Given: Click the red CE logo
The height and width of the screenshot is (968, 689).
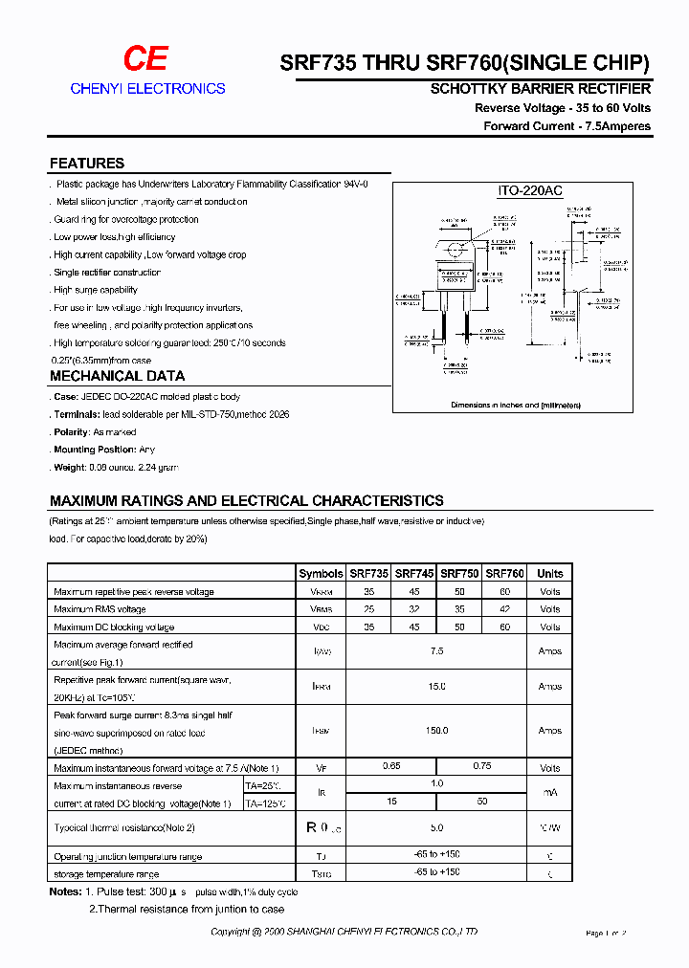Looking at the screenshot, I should (x=145, y=59).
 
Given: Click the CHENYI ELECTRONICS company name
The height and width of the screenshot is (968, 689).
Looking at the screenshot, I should (x=147, y=88).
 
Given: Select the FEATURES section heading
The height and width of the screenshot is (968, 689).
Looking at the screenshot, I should (x=87, y=164).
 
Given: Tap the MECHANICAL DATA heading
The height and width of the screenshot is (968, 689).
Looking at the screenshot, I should (x=117, y=376).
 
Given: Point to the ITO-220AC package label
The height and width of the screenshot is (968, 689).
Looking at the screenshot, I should (x=530, y=191).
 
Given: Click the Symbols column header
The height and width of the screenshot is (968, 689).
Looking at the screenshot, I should (x=321, y=574).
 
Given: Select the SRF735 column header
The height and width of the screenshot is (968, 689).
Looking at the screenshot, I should (x=368, y=574).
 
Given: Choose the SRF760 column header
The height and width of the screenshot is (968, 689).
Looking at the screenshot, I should (x=504, y=574).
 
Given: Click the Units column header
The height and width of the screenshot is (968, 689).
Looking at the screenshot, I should (x=550, y=574).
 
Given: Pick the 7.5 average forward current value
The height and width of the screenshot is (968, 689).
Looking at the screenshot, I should (x=437, y=650).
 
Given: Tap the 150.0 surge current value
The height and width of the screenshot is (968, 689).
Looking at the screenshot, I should (x=437, y=731).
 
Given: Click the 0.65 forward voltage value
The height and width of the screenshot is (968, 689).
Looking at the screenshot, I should (x=391, y=766).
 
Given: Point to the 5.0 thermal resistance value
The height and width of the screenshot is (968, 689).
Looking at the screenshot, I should (x=437, y=827).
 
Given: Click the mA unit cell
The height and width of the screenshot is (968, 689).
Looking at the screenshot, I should (x=550, y=793).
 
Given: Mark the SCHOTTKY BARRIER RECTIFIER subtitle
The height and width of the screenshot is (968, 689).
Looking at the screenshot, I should (x=541, y=89).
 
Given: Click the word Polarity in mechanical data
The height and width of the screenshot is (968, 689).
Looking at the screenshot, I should (x=71, y=432).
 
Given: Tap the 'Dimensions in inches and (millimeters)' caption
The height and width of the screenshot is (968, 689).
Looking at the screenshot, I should (x=516, y=406).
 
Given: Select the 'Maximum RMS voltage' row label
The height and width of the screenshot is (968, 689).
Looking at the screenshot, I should (x=100, y=609).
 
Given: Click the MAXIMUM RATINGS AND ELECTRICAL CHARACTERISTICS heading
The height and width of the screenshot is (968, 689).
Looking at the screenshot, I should (x=246, y=500).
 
